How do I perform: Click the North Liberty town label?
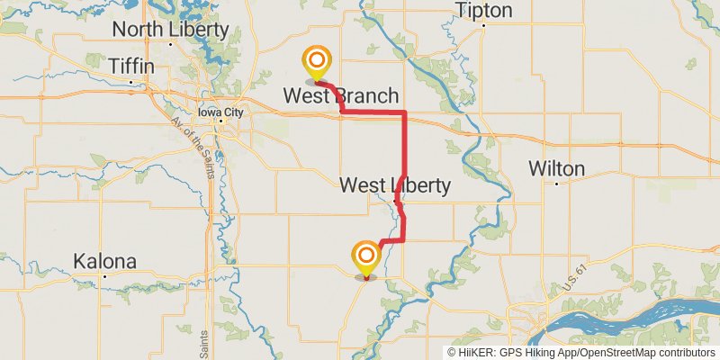170,28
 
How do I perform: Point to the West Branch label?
341,95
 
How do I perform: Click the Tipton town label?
484,11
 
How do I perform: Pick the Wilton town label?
556,168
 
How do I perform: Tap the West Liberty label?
394,185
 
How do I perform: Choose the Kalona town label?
105,262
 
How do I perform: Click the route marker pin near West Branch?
317,63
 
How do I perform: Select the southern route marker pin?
366,257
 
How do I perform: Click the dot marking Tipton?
483,25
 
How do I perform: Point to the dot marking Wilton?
557,184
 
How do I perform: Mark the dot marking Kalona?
105,276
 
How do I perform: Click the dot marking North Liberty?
170,43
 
